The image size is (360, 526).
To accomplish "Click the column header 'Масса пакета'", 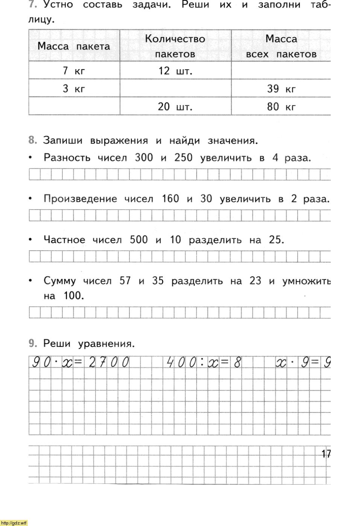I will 74,46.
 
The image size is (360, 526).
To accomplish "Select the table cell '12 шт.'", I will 175,71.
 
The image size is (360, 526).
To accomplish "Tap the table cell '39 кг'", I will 281,89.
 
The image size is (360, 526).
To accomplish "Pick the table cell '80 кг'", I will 281,107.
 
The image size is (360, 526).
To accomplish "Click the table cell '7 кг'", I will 74,71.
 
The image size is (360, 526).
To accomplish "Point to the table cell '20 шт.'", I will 175,107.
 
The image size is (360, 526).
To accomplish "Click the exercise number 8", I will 33,141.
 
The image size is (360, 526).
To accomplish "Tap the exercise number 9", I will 33,343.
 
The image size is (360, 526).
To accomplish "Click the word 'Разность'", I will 67,158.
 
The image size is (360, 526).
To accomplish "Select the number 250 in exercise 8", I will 183,158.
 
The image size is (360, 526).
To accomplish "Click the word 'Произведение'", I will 80,199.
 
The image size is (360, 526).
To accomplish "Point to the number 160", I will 170,199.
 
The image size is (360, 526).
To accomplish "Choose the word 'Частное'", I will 64,240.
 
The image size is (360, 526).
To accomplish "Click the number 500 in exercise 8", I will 138,240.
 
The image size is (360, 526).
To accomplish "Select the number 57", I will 125,281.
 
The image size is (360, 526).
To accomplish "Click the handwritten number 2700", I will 109,362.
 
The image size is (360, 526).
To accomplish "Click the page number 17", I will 326,454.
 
